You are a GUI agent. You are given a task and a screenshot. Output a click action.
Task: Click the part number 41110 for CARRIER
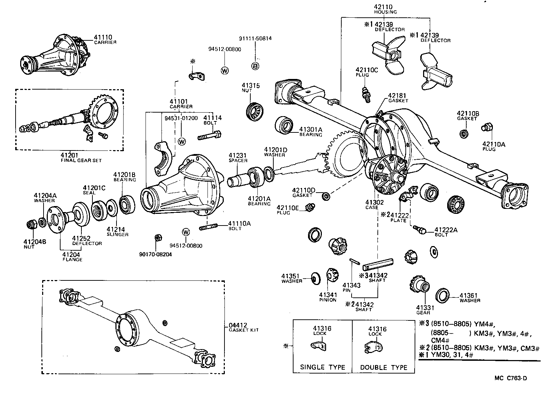[103, 37]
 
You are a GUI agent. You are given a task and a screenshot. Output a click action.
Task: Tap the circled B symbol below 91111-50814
[255, 65]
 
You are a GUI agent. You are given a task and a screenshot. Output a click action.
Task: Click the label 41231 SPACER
[238, 158]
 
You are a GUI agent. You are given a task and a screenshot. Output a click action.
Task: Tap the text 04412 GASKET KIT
[244, 327]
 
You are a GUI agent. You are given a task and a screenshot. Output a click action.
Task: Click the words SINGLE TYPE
[323, 367]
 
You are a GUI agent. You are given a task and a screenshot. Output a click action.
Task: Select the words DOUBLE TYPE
[383, 367]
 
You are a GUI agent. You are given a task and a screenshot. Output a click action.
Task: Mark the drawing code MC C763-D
[511, 378]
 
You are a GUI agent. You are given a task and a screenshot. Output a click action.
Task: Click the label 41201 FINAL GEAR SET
[81, 158]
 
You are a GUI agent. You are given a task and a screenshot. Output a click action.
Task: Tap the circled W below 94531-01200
[182, 142]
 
